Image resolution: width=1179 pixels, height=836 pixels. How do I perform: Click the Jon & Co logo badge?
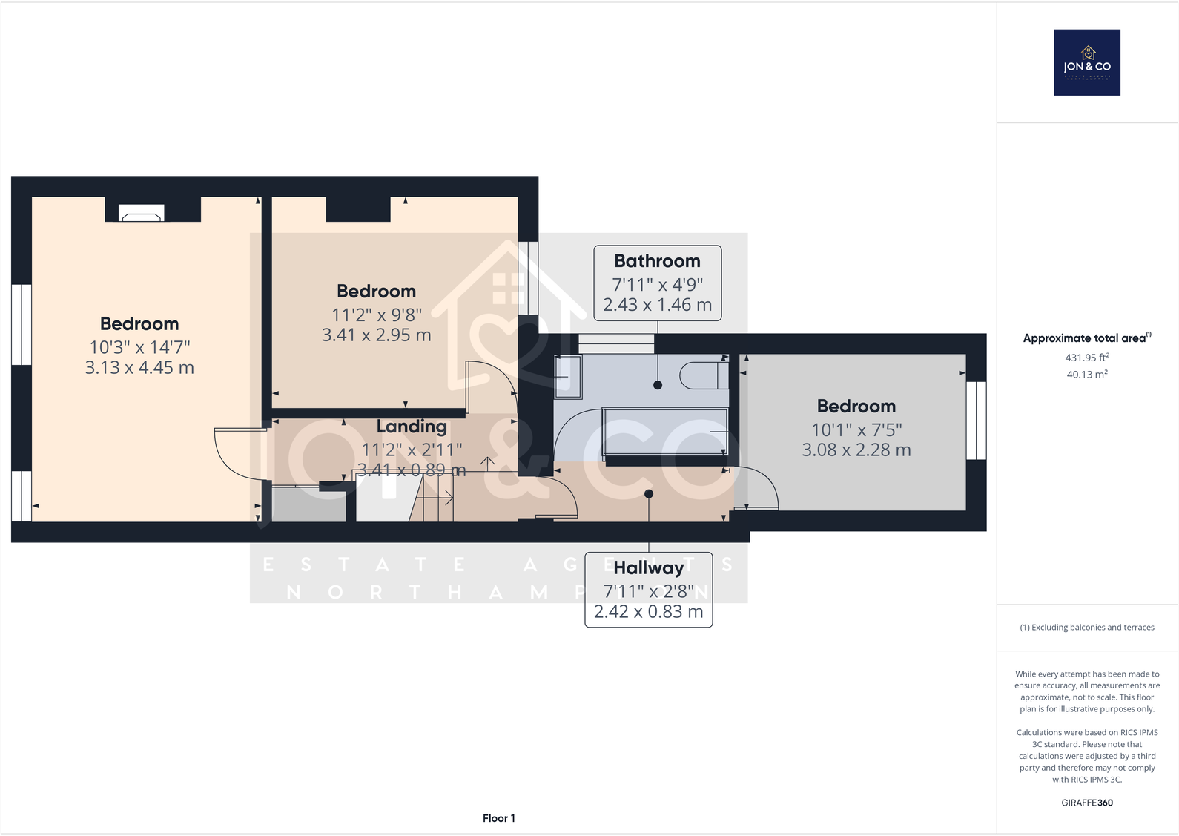click(1087, 62)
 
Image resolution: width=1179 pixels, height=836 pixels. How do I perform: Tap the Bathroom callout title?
click(657, 261)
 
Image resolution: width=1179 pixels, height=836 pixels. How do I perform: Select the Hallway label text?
click(648, 567)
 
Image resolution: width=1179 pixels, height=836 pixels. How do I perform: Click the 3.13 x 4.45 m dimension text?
click(139, 368)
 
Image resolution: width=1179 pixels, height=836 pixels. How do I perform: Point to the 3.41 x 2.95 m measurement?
click(376, 335)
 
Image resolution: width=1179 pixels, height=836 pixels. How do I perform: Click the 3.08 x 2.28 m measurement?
click(856, 450)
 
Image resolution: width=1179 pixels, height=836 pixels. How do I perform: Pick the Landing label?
click(412, 427)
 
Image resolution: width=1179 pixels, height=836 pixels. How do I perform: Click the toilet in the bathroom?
click(703, 375)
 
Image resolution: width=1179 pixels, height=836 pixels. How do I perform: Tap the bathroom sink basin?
click(568, 375)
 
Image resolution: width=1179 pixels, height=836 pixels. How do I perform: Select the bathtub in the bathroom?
click(665, 431)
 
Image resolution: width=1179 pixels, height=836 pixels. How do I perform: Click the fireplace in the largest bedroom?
click(142, 215)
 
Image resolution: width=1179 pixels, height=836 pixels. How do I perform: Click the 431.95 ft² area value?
click(1087, 358)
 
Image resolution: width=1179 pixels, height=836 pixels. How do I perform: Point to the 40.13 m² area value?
click(1087, 375)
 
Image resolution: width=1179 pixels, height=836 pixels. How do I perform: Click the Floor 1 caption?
click(498, 818)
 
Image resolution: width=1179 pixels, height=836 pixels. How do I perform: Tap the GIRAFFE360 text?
click(1087, 803)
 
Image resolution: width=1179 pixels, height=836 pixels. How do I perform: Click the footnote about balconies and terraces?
click(1087, 628)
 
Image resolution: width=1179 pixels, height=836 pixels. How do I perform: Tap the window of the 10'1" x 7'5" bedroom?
click(977, 421)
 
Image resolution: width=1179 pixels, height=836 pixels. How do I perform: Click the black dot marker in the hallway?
click(649, 494)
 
